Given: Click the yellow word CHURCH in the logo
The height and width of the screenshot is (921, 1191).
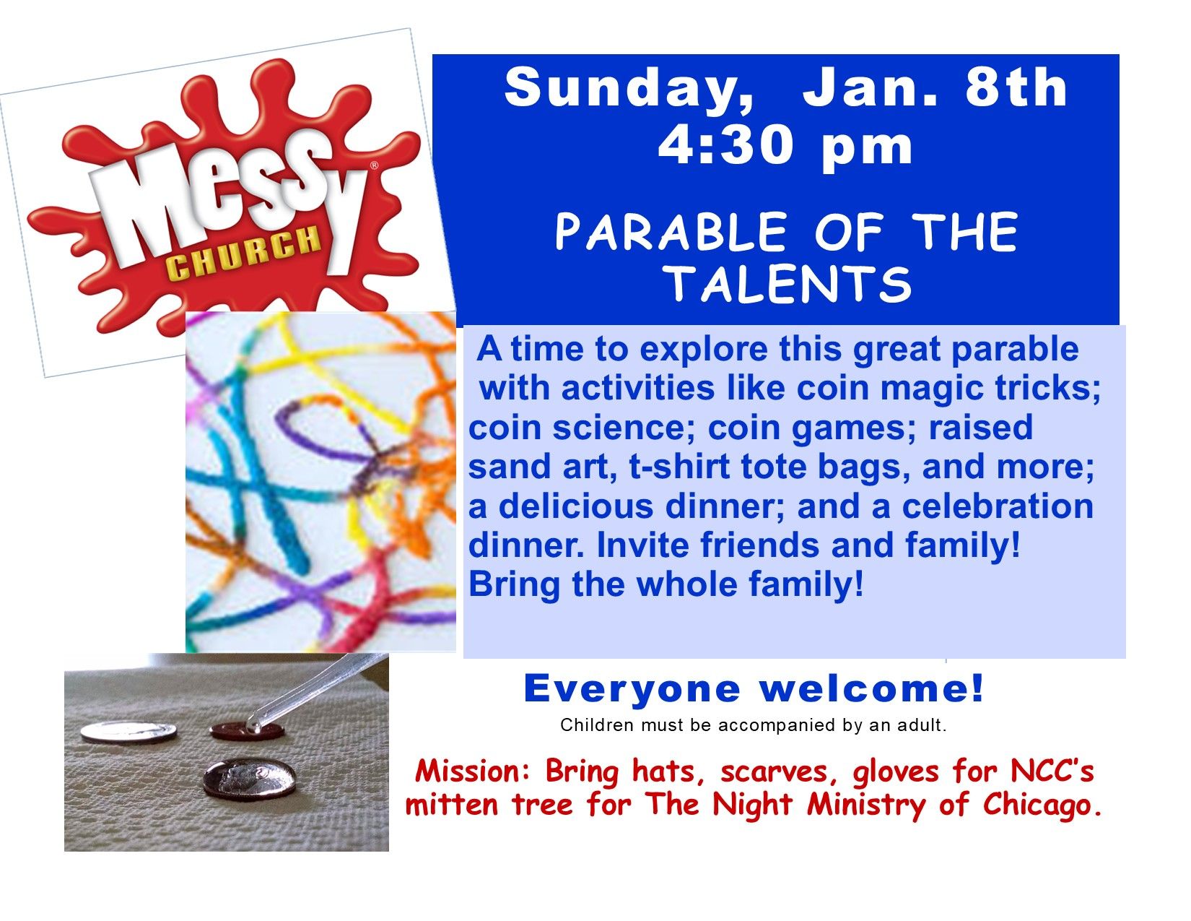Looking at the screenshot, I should pos(243,254).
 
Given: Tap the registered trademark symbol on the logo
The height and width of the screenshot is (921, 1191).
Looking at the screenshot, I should pos(373,165).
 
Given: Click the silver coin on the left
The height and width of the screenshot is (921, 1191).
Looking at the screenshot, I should pos(128,732).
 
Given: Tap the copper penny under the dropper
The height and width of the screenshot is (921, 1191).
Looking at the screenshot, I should pos(245,731).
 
